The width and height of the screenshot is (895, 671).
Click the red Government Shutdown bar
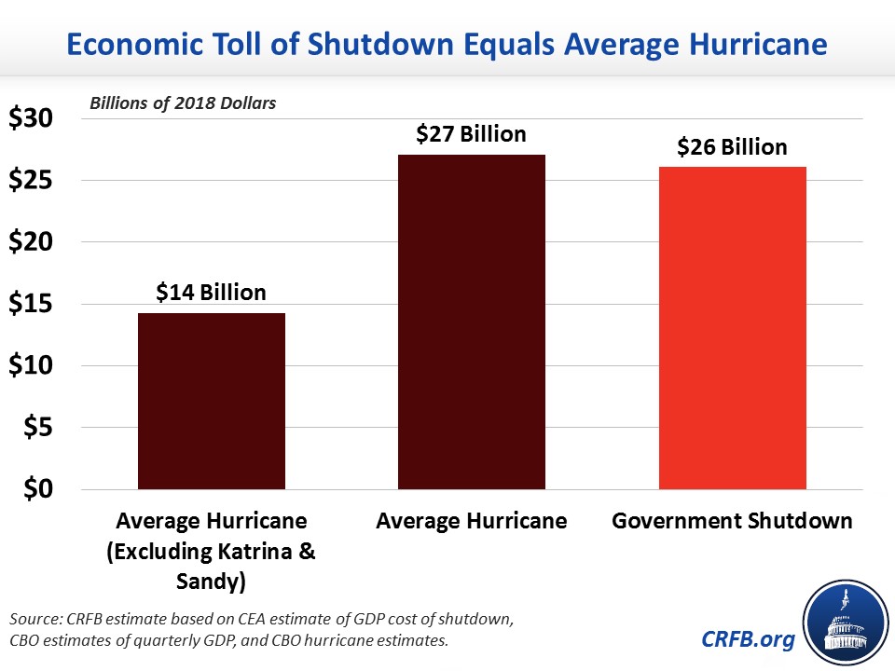click(732, 327)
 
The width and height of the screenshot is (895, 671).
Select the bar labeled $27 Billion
click(471, 322)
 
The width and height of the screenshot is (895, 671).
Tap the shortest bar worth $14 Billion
click(211, 401)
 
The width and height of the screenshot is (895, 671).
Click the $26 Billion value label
click(732, 147)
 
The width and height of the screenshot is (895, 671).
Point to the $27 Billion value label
click(471, 134)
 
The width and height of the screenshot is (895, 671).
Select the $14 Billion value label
click(211, 293)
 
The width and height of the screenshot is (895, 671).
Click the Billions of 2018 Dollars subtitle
click(183, 103)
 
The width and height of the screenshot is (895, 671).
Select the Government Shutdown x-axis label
click(732, 521)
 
